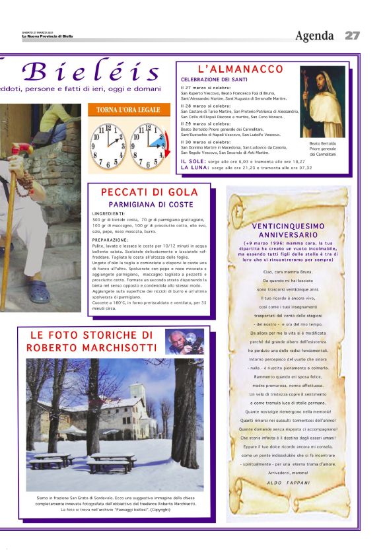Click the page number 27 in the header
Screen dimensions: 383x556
(x=352, y=35)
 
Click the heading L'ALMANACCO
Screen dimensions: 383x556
(x=240, y=69)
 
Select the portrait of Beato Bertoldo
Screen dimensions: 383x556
(x=323, y=102)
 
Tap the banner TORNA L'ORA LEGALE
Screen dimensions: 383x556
(x=129, y=110)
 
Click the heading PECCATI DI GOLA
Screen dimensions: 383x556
(x=149, y=192)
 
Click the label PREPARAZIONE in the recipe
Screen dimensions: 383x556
(x=111, y=240)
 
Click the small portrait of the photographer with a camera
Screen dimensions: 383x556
(x=184, y=341)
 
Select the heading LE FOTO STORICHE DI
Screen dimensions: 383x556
(x=92, y=335)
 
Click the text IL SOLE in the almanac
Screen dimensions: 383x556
(x=193, y=162)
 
